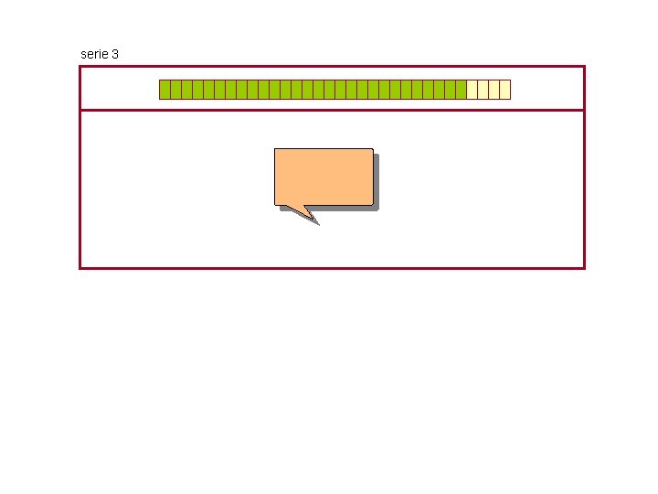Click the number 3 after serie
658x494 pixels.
coord(114,54)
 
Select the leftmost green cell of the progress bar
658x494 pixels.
coord(164,89)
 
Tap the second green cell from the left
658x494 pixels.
coord(175,89)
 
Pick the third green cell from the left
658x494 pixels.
coord(186,89)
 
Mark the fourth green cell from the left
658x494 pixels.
coord(197,89)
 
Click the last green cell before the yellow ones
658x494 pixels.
coord(461,89)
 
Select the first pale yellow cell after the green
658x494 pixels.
coord(472,89)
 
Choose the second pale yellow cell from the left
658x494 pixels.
coord(483,89)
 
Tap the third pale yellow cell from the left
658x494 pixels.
coord(493,89)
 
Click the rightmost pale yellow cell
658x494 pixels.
coord(504,89)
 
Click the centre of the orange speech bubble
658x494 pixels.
coord(324,177)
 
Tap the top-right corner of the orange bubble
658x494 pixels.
coord(372,149)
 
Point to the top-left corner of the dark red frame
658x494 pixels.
coord(80,67)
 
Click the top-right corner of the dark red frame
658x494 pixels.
coord(583,67)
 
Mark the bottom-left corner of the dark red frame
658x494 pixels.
coord(80,267)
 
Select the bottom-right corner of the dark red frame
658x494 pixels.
coord(583,267)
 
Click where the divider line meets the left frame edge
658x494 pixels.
coord(80,110)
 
